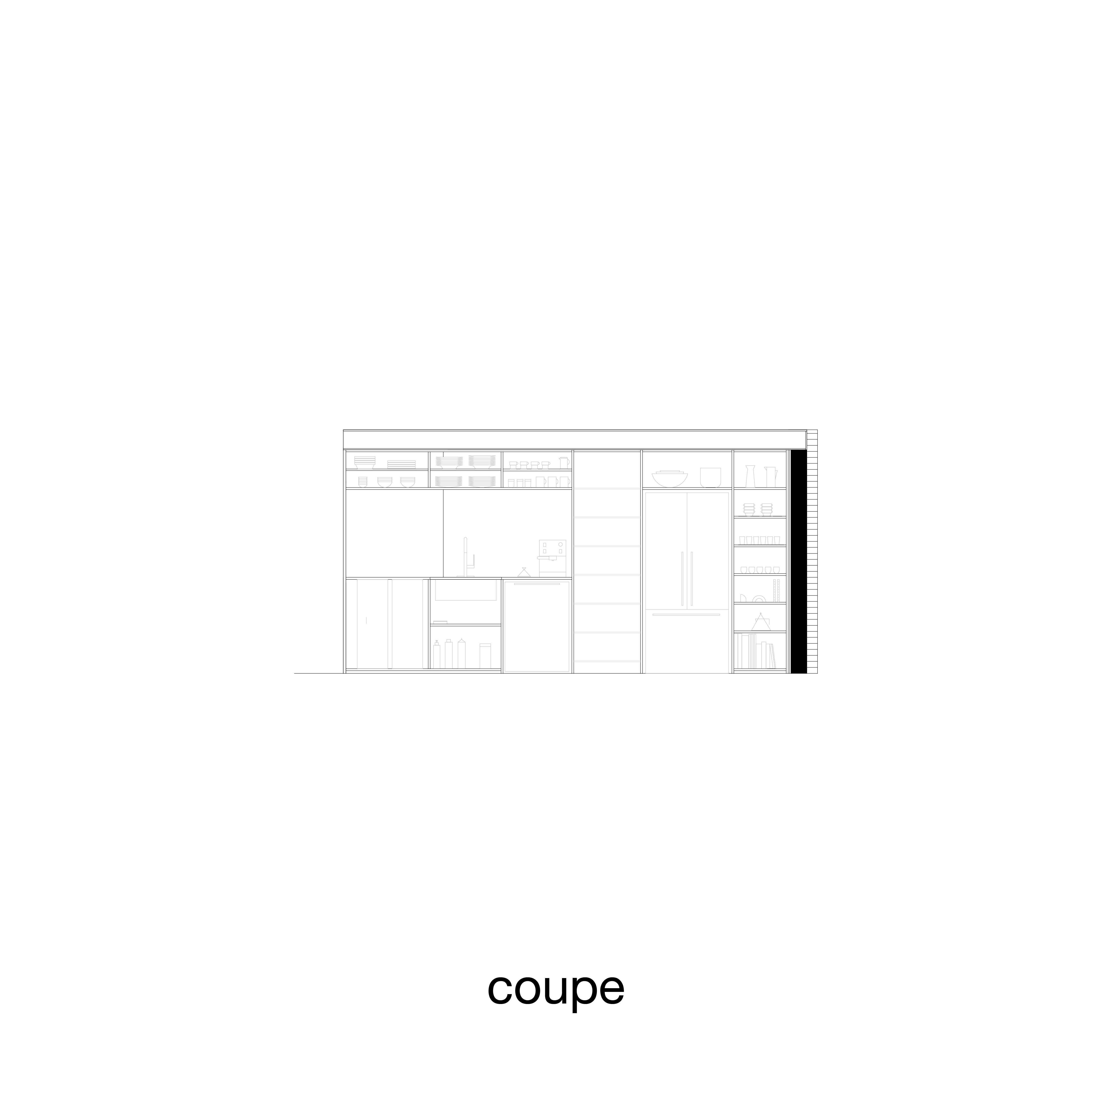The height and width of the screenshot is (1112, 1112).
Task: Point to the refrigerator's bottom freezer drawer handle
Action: pyautogui.click(x=686, y=615)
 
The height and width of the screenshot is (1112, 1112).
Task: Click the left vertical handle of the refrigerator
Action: pyautogui.click(x=682, y=578)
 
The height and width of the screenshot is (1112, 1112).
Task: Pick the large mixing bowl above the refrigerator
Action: pyautogui.click(x=669, y=478)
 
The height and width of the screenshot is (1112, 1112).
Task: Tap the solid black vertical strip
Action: pyautogui.click(x=798, y=561)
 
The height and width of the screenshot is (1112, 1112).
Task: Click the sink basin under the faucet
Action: pyautogui.click(x=465, y=591)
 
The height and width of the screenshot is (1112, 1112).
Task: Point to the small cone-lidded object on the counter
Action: pyautogui.click(x=523, y=572)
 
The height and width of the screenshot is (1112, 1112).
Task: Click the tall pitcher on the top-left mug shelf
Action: pyautogui.click(x=564, y=462)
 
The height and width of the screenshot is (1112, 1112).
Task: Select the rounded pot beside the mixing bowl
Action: pyautogui.click(x=710, y=477)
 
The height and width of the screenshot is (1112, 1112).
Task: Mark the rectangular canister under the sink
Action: pyautogui.click(x=485, y=656)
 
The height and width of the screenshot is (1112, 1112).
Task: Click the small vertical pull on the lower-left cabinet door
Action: pyautogui.click(x=366, y=620)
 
